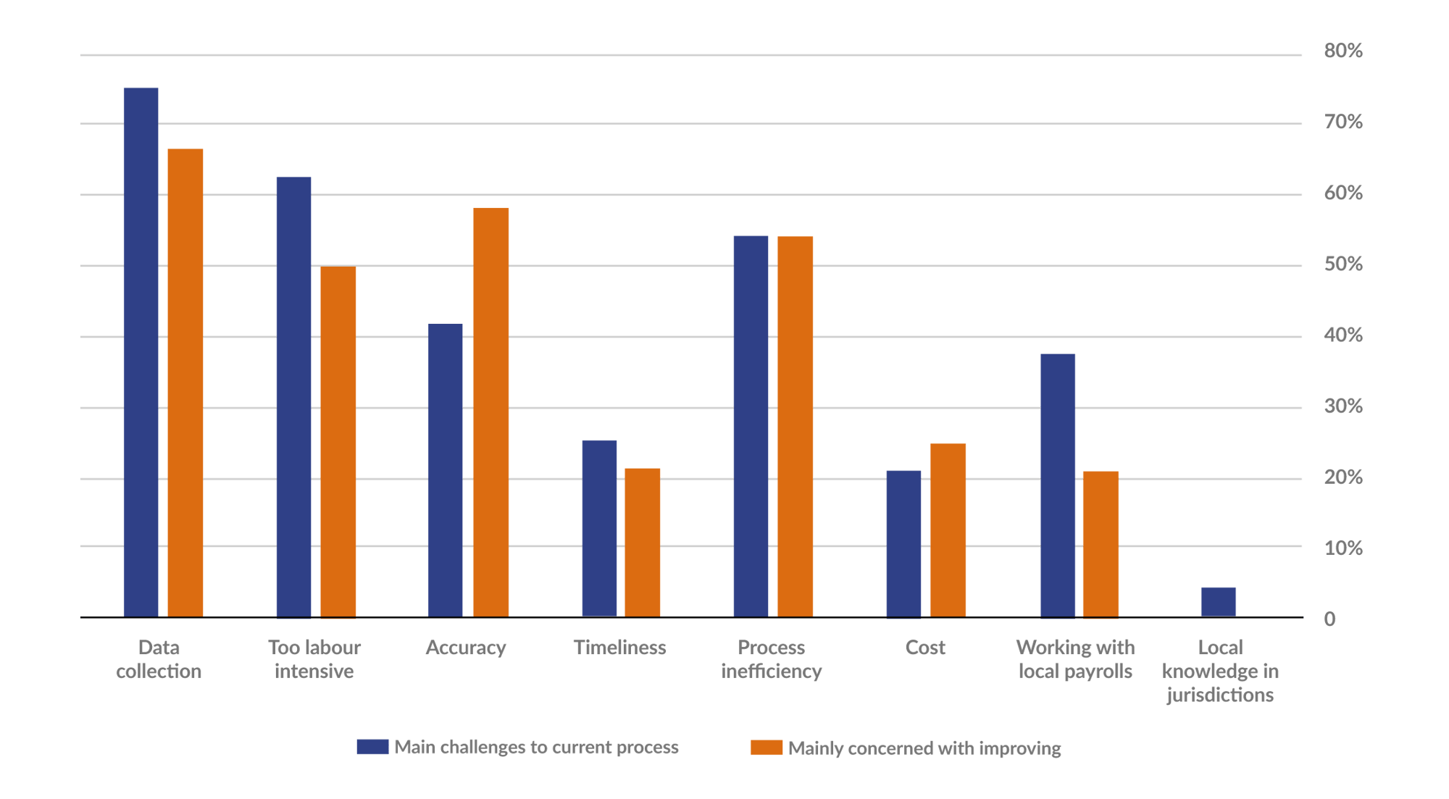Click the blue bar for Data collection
[141, 352]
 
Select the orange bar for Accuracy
[490, 412]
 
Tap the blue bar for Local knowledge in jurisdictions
[1219, 602]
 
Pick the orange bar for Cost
[948, 530]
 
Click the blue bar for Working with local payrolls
[1058, 485]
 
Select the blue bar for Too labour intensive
[293, 397]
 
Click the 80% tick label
[1342, 51]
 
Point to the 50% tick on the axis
[1342, 264]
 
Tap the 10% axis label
[1342, 548]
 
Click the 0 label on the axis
[1329, 619]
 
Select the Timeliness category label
[619, 648]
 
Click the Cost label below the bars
[925, 648]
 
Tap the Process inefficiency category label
[772, 659]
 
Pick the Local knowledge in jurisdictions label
[1220, 672]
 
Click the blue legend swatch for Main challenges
[372, 747]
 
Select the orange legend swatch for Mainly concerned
[767, 748]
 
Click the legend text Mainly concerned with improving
[924, 748]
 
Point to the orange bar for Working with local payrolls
[1101, 544]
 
